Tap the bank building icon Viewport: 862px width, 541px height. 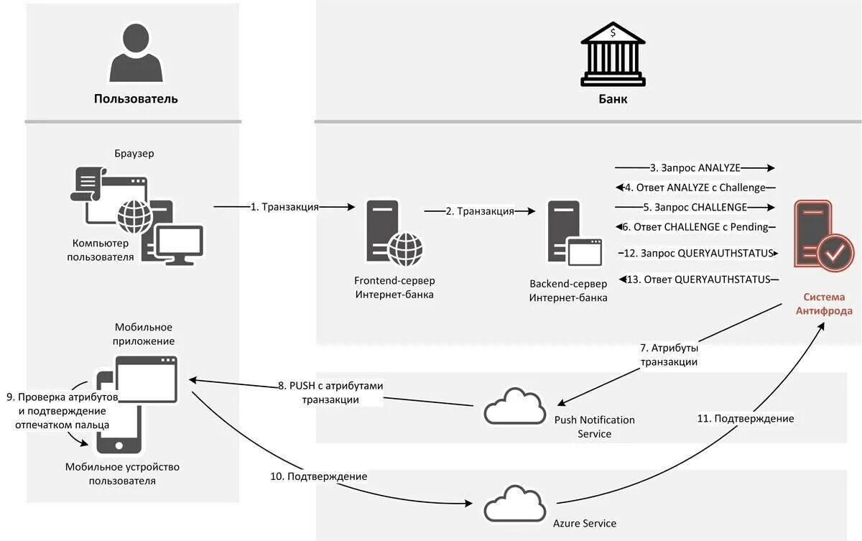click(613, 54)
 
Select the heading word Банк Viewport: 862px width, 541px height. click(613, 99)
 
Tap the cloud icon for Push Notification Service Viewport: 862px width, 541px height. click(515, 407)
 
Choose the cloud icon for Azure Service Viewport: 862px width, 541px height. click(515, 504)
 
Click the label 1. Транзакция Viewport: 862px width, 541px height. click(284, 207)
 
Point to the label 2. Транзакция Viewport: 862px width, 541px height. click(480, 211)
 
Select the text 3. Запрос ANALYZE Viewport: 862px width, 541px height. click(695, 168)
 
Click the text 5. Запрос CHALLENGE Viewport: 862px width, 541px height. click(695, 207)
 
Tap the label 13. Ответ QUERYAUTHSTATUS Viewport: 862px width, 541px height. click(698, 279)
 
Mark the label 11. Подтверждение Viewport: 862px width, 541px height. click(746, 418)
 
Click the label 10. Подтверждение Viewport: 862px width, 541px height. click(319, 476)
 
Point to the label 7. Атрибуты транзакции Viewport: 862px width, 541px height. click(669, 355)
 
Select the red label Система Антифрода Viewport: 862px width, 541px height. click(824, 304)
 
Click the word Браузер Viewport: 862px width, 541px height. click(134, 154)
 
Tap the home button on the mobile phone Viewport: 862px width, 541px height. click(119, 446)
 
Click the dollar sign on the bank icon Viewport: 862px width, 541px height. click(613, 33)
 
